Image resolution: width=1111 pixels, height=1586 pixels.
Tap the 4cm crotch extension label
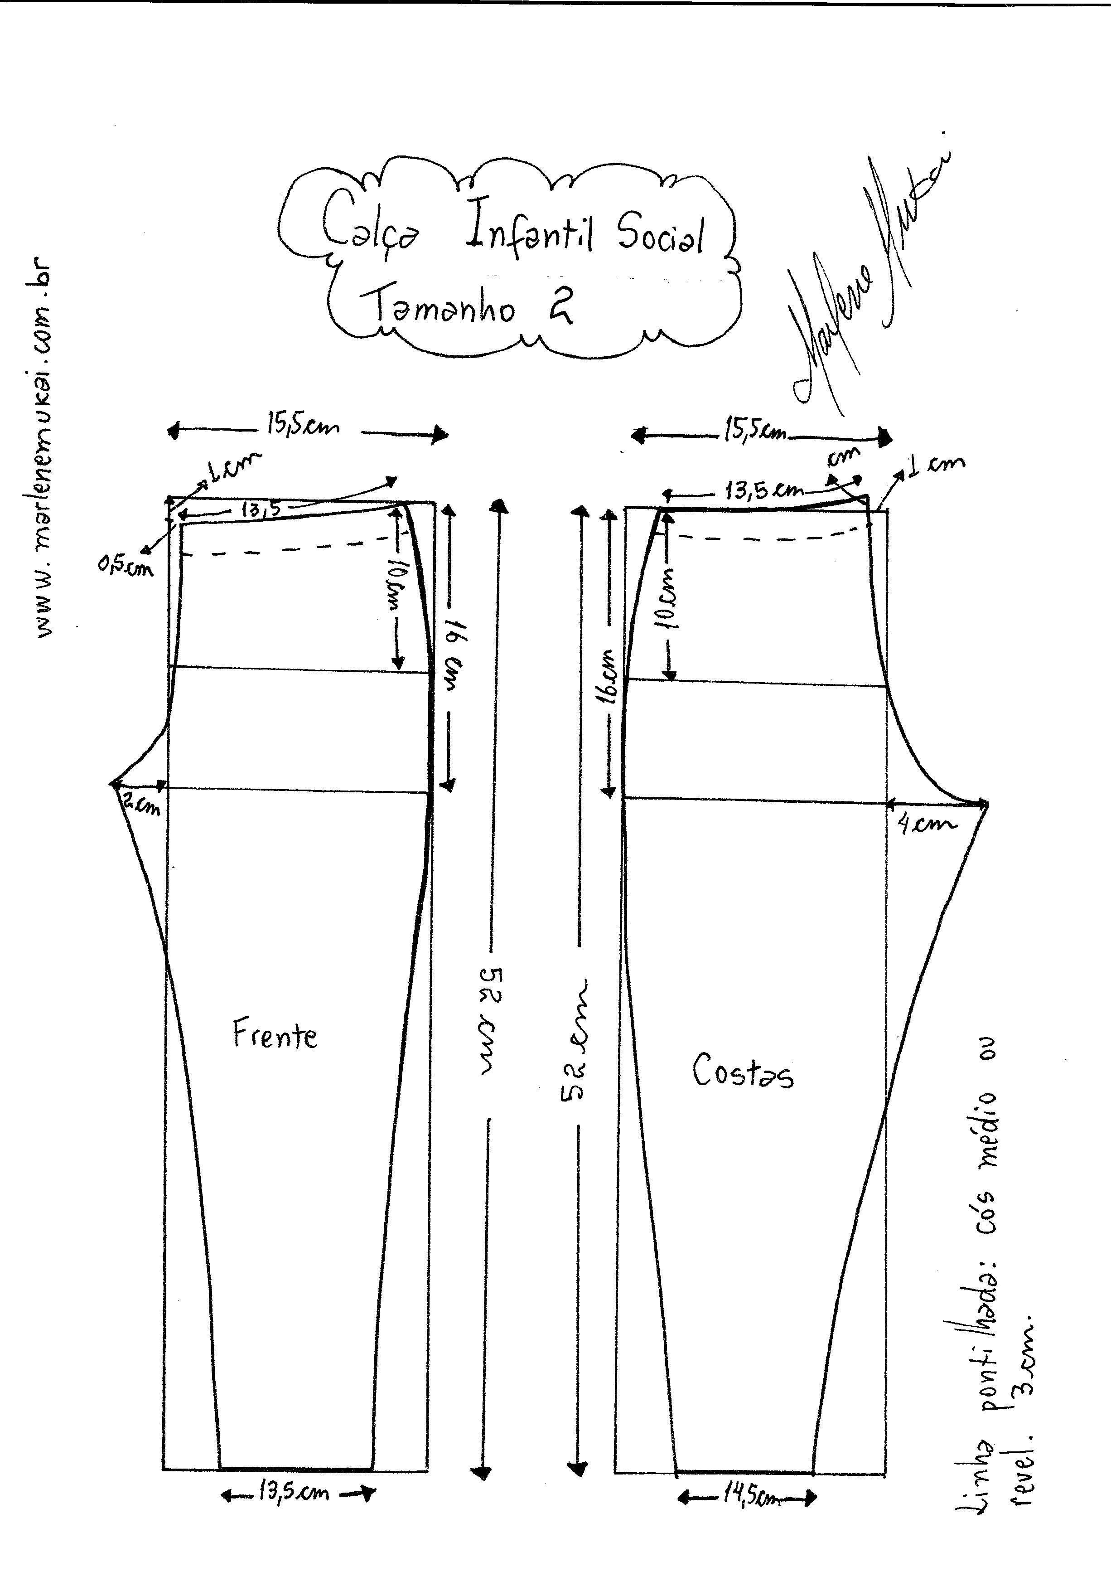coord(927,824)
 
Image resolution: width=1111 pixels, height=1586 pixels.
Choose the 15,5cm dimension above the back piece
coord(756,433)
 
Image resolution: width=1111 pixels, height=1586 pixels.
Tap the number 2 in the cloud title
coord(560,308)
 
